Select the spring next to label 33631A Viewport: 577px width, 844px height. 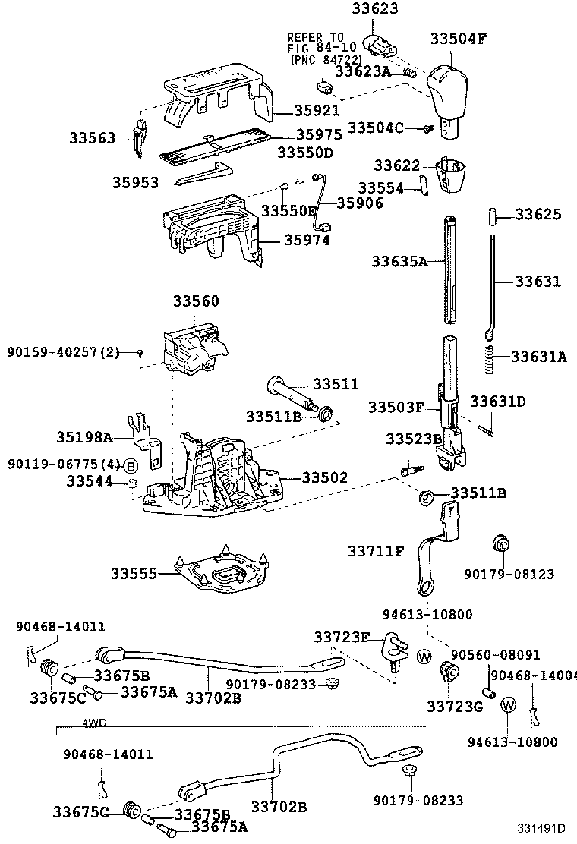(x=490, y=359)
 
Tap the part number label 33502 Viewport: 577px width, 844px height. (x=325, y=478)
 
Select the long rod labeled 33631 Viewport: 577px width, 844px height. (x=493, y=281)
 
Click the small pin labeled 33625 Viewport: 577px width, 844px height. (x=490, y=216)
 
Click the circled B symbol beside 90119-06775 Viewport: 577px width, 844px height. (x=131, y=465)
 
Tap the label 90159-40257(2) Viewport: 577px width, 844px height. (x=64, y=352)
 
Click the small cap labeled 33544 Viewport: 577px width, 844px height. (x=131, y=483)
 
